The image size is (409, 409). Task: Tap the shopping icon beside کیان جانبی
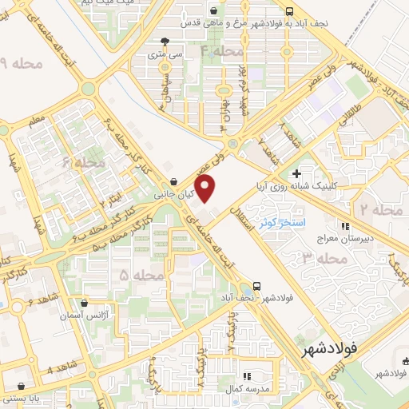174,182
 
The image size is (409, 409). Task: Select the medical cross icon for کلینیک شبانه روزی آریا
296,173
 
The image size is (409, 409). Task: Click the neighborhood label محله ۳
296,256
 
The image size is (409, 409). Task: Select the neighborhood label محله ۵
135,275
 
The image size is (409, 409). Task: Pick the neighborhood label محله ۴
221,50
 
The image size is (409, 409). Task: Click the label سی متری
165,56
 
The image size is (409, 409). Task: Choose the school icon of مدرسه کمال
248,375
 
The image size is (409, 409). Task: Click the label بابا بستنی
23,396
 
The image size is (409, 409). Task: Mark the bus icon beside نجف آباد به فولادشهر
288,11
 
